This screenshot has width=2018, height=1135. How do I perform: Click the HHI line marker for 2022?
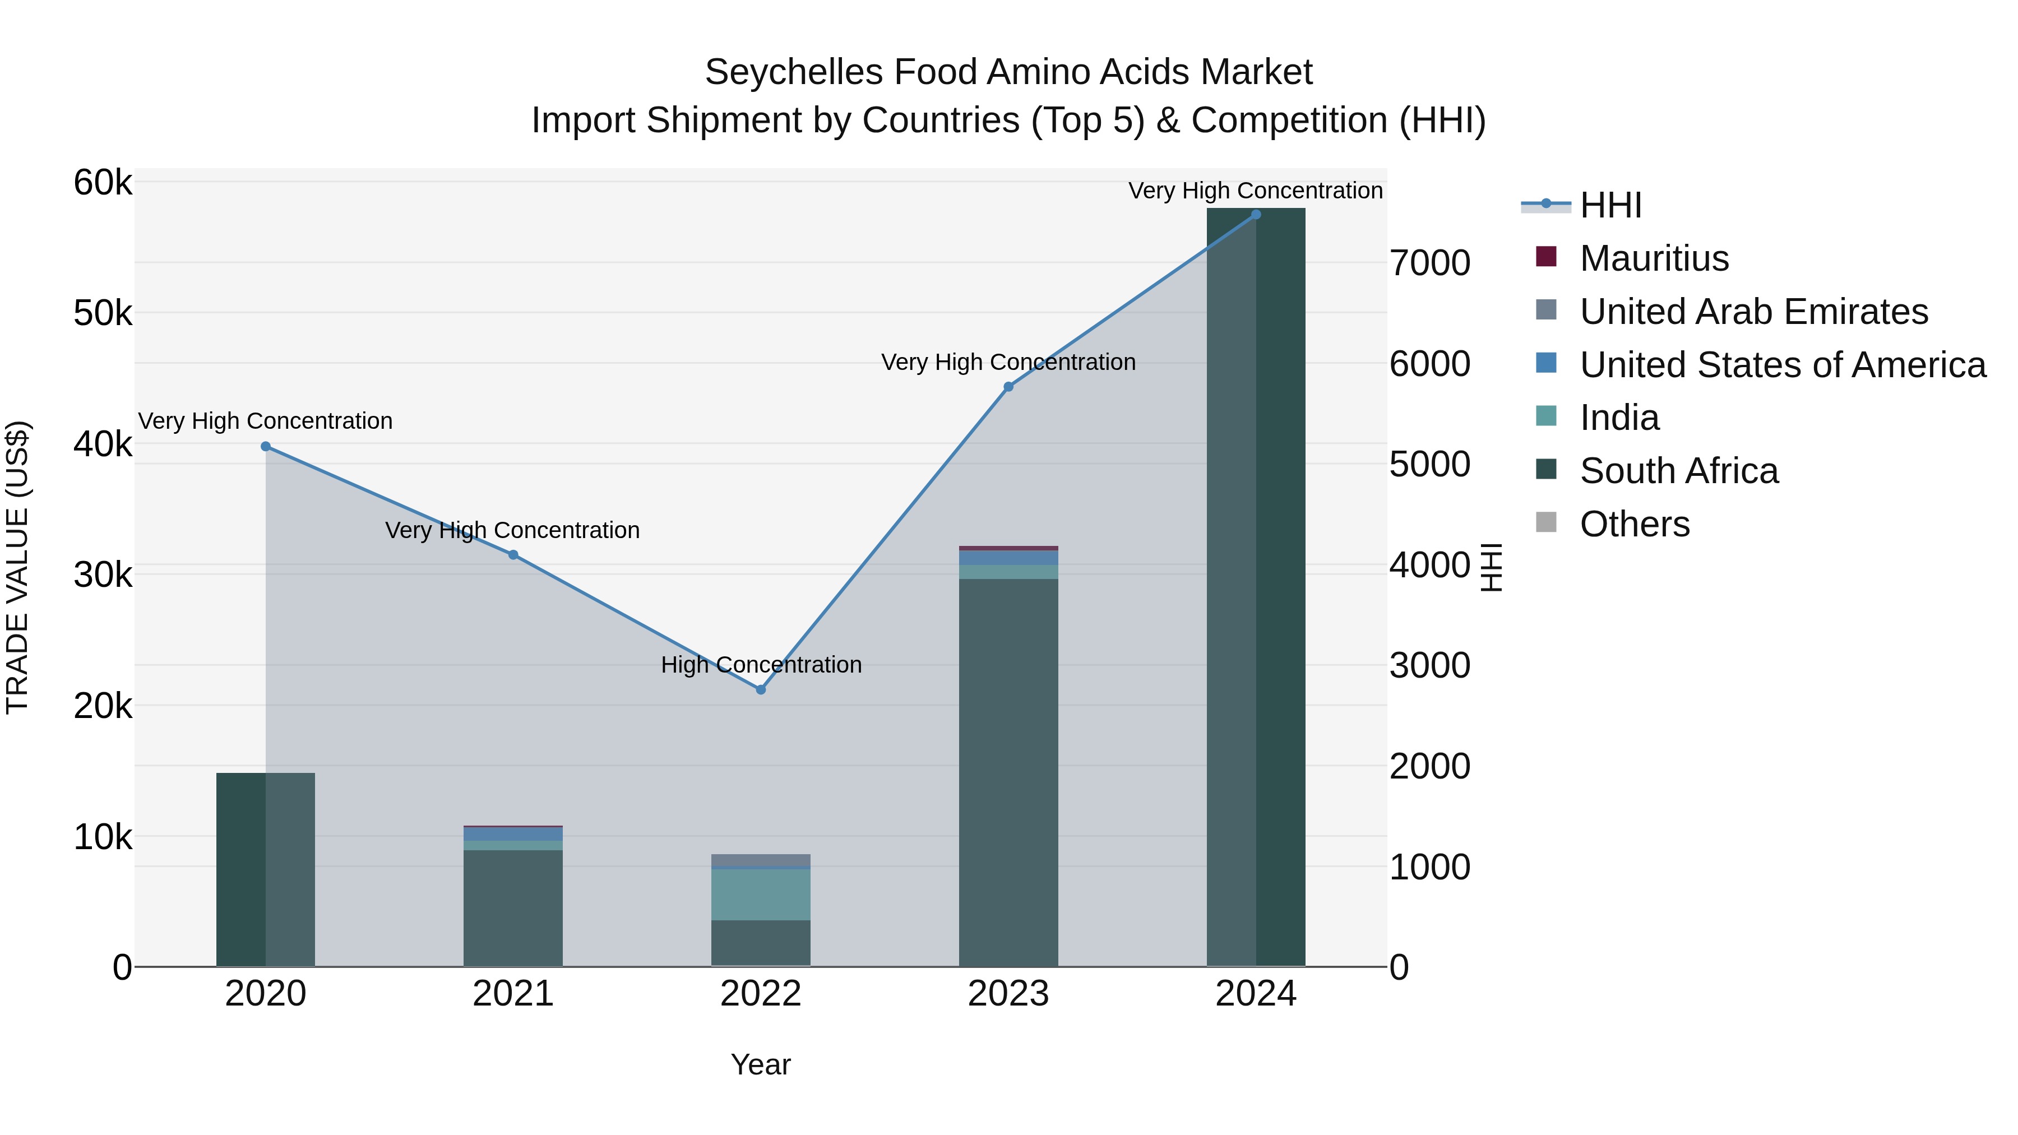point(760,689)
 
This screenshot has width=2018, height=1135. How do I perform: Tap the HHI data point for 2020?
point(266,447)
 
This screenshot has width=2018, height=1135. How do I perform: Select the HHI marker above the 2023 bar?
point(1008,387)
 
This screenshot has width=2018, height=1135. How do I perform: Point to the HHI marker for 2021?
point(513,554)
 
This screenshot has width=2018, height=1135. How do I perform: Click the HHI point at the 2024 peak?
point(1256,215)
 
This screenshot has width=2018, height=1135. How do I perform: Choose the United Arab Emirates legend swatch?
point(1547,310)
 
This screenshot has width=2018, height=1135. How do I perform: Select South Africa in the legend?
point(1679,471)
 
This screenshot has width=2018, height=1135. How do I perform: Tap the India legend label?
point(1619,418)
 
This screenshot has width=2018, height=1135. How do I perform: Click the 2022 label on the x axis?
point(760,994)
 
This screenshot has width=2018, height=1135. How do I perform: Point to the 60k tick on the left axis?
point(103,183)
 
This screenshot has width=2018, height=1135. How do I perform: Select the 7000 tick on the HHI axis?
point(1429,263)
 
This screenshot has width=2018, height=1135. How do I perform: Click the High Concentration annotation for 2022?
point(761,665)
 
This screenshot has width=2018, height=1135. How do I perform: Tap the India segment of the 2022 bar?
point(760,895)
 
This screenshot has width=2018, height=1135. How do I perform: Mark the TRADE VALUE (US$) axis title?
point(17,567)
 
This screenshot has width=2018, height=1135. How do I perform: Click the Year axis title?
point(760,1064)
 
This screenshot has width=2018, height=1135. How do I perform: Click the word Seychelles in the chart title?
point(794,73)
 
